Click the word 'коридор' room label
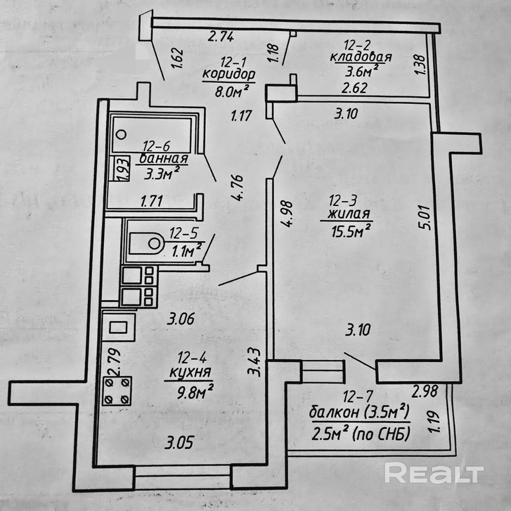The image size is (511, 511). click(x=229, y=75)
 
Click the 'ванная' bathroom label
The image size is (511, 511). click(x=164, y=158)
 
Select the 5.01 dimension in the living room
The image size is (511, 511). click(x=424, y=217)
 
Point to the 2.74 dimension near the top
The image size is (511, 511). click(x=221, y=37)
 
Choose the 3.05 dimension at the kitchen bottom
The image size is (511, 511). click(x=181, y=443)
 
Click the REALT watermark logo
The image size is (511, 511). click(x=434, y=473)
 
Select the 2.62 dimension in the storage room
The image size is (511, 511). click(x=354, y=88)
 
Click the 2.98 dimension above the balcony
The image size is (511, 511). click(x=426, y=391)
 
